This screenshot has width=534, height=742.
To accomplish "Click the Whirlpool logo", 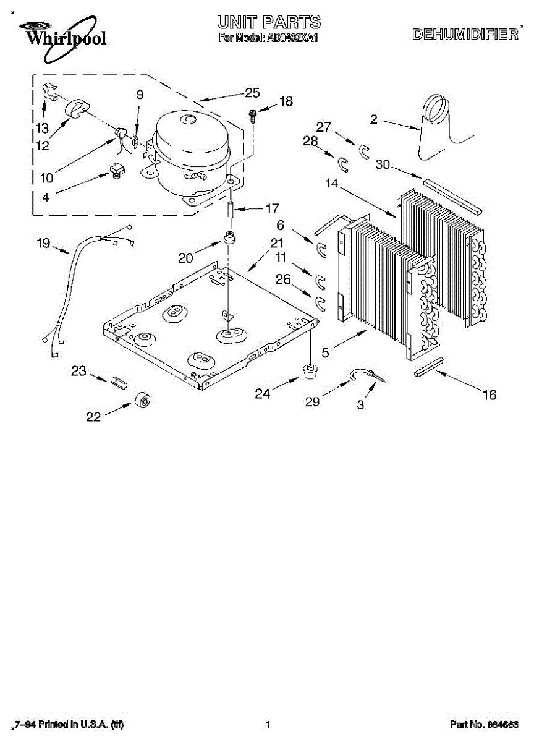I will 62,35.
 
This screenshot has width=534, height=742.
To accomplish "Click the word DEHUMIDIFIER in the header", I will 465,35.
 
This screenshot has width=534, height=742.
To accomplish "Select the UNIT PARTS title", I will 269,23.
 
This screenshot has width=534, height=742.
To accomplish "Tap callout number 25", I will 252,93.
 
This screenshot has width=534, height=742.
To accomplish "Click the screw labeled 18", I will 253,115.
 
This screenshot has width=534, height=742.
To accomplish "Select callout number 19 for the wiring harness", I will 43,244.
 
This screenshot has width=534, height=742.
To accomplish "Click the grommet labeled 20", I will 231,239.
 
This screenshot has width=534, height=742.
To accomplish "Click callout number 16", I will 489,395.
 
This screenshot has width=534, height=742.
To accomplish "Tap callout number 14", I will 331,183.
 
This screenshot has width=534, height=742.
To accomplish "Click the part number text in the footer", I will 484,724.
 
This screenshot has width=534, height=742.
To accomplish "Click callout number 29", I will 312,402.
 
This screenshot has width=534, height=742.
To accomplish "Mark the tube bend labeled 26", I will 321,302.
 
